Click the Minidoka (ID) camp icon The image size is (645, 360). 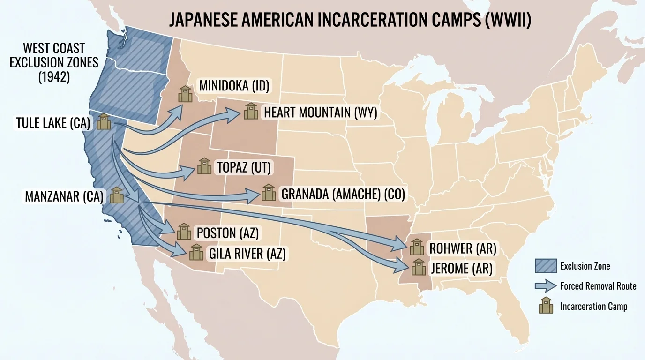tap(185, 94)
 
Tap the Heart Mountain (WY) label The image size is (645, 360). tap(320, 112)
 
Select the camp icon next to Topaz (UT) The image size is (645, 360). tap(204, 166)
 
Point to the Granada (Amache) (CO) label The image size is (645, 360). tap(343, 194)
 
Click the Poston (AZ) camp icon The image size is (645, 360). tap(184, 231)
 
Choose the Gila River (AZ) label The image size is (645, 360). tap(247, 254)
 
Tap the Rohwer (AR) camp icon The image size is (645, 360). tap(416, 247)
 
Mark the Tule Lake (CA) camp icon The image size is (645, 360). tap(104, 122)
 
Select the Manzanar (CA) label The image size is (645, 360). tap(64, 196)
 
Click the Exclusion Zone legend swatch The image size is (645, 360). tap(546, 266)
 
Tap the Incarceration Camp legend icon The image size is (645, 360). tap(546, 306)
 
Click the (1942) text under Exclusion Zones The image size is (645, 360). tap(54, 76)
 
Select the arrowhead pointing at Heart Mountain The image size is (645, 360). tap(232, 113)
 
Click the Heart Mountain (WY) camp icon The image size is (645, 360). tap(251, 111)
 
